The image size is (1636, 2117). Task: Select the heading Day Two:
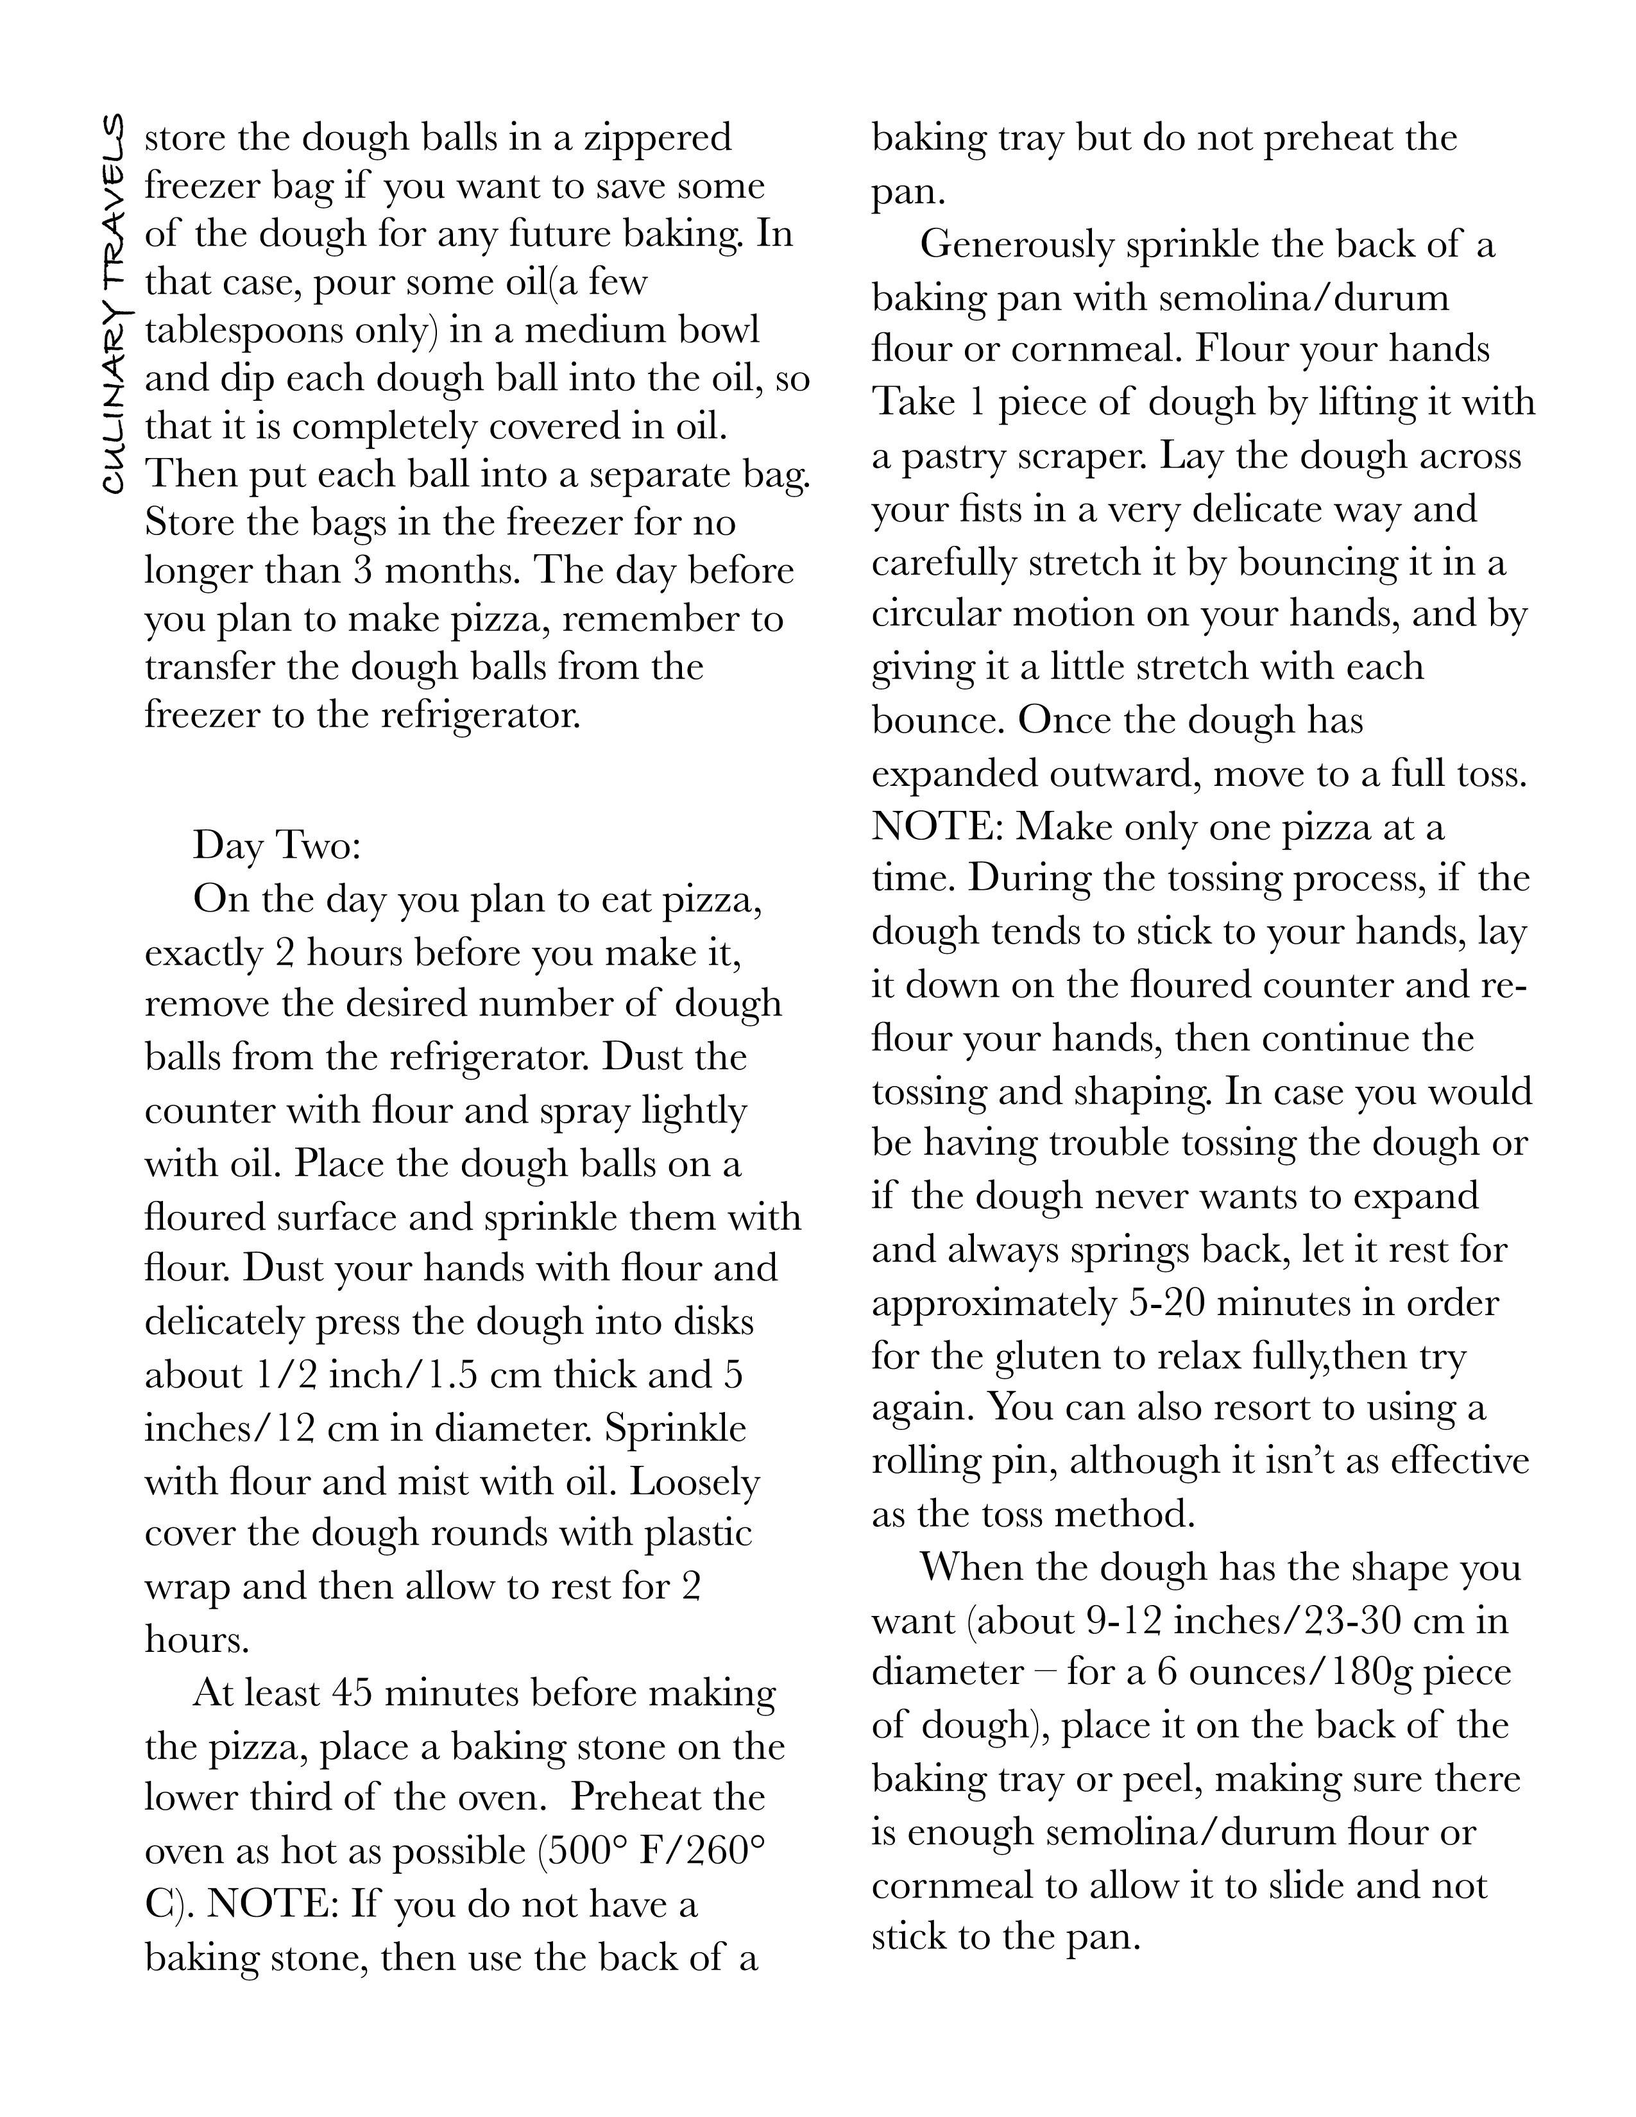pos(277,846)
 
